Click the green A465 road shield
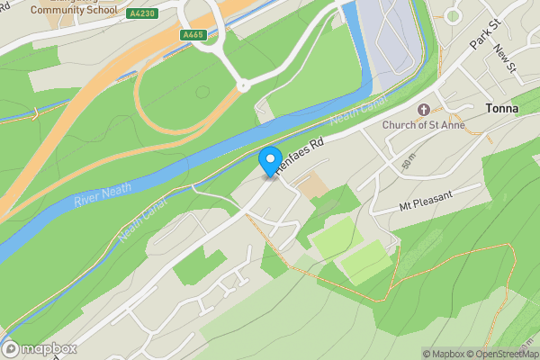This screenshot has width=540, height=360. point(192,34)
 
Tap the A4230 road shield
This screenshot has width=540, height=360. point(141,13)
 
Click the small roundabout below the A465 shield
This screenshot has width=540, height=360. point(242,86)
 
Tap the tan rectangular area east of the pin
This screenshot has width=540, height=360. point(310,187)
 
